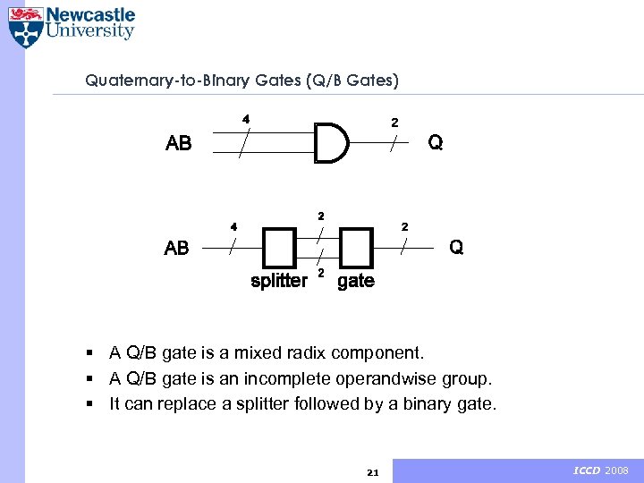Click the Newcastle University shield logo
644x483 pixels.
26,26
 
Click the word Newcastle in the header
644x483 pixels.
90,15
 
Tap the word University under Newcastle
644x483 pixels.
90,32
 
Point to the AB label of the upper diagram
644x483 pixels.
179,144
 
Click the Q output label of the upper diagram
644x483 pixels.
435,143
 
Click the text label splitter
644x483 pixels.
279,281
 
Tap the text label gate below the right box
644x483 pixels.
356,282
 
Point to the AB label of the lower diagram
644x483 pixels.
177,249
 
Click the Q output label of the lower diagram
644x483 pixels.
456,247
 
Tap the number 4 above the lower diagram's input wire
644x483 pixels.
233,226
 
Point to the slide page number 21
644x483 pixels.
373,471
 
